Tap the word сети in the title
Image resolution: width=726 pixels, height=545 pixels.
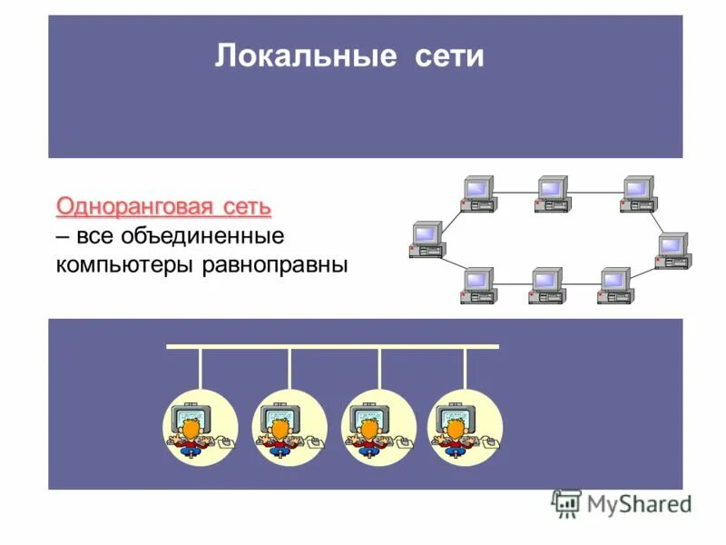(x=449, y=58)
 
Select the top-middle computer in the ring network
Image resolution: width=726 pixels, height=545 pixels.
(x=551, y=193)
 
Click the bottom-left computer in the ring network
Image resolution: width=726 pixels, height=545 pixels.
(x=477, y=285)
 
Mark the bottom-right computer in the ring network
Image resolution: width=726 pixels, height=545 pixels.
(x=614, y=285)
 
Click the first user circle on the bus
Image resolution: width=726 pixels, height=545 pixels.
(x=200, y=427)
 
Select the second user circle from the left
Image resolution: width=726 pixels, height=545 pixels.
(x=289, y=427)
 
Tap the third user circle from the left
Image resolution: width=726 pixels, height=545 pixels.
(x=378, y=427)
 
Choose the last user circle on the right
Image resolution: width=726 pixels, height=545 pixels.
(x=465, y=427)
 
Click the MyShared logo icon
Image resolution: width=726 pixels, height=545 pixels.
(x=566, y=503)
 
